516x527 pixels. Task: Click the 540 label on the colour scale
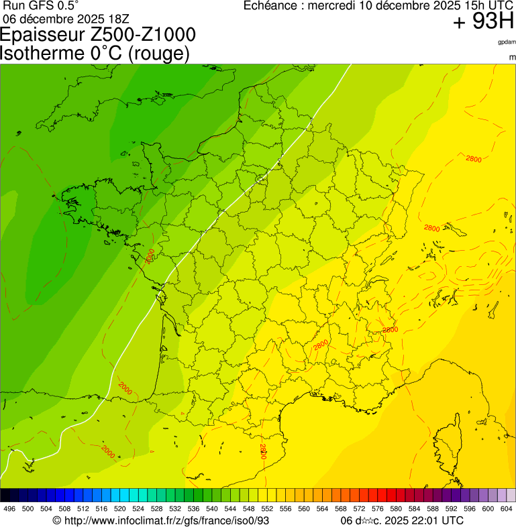click(211, 509)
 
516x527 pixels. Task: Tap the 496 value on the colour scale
click(9, 509)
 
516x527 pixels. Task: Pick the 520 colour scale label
click(119, 509)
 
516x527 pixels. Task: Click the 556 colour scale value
click(285, 509)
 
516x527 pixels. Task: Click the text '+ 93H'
click(483, 22)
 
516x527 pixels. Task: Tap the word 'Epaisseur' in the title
click(42, 35)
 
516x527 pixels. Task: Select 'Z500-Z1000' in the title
click(143, 34)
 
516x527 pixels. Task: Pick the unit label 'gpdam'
click(507, 42)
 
